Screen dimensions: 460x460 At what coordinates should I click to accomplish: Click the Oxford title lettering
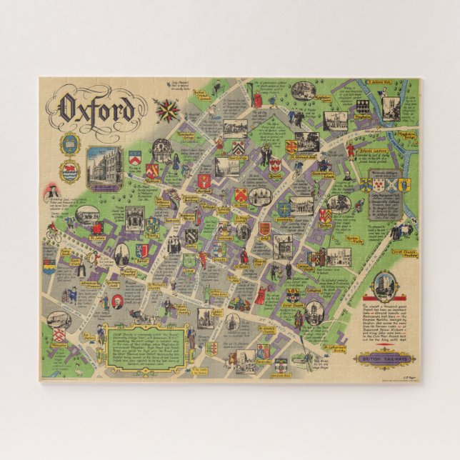click(96, 109)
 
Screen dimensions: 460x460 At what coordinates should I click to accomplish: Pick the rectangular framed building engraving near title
click(104, 169)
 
